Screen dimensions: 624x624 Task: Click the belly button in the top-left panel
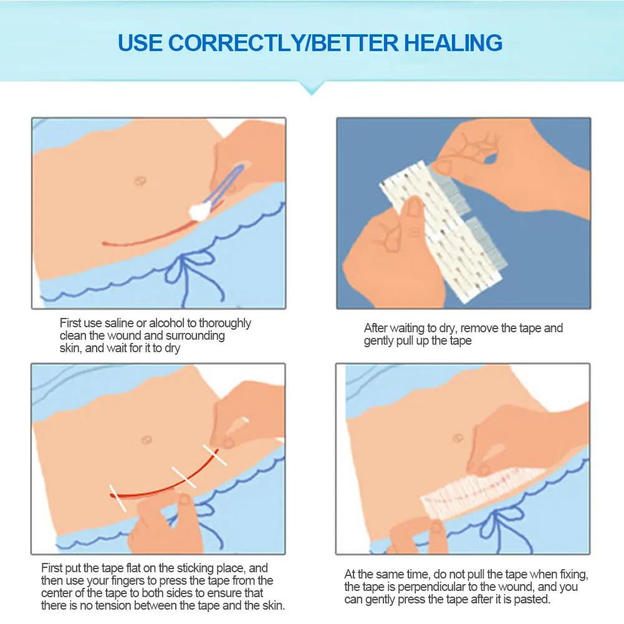click(140, 181)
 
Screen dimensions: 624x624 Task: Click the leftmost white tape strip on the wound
click(118, 497)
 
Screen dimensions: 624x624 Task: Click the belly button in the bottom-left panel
click(147, 439)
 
